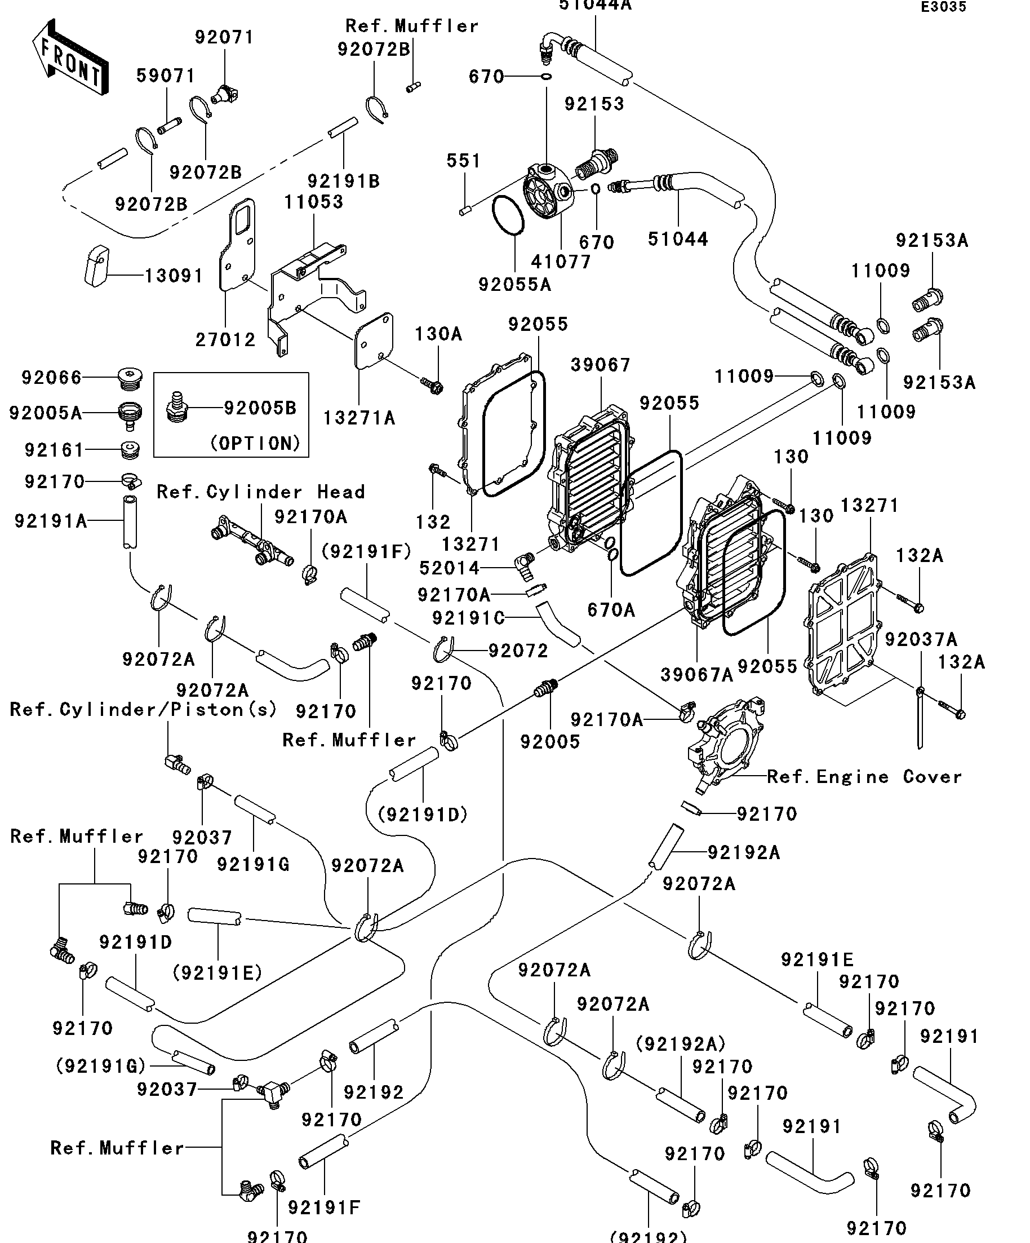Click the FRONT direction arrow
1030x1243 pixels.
[70, 58]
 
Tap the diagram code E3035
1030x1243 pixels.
[943, 7]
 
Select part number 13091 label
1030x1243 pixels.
[174, 276]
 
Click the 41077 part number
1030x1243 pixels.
[561, 262]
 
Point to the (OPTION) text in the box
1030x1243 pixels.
[256, 443]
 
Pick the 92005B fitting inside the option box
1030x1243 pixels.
[176, 407]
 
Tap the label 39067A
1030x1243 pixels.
[696, 674]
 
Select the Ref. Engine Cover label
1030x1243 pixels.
[864, 777]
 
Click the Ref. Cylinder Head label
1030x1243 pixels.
[261, 492]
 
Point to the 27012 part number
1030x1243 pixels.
[225, 340]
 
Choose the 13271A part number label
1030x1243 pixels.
[358, 418]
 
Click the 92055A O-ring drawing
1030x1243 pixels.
[508, 216]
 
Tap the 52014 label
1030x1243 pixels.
[449, 568]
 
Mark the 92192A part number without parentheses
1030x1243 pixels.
[744, 852]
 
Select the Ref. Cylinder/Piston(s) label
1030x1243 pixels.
[144, 709]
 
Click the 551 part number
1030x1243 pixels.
[463, 161]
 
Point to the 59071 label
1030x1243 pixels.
[166, 76]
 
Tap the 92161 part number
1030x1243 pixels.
[55, 450]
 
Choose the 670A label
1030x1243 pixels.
[611, 610]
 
